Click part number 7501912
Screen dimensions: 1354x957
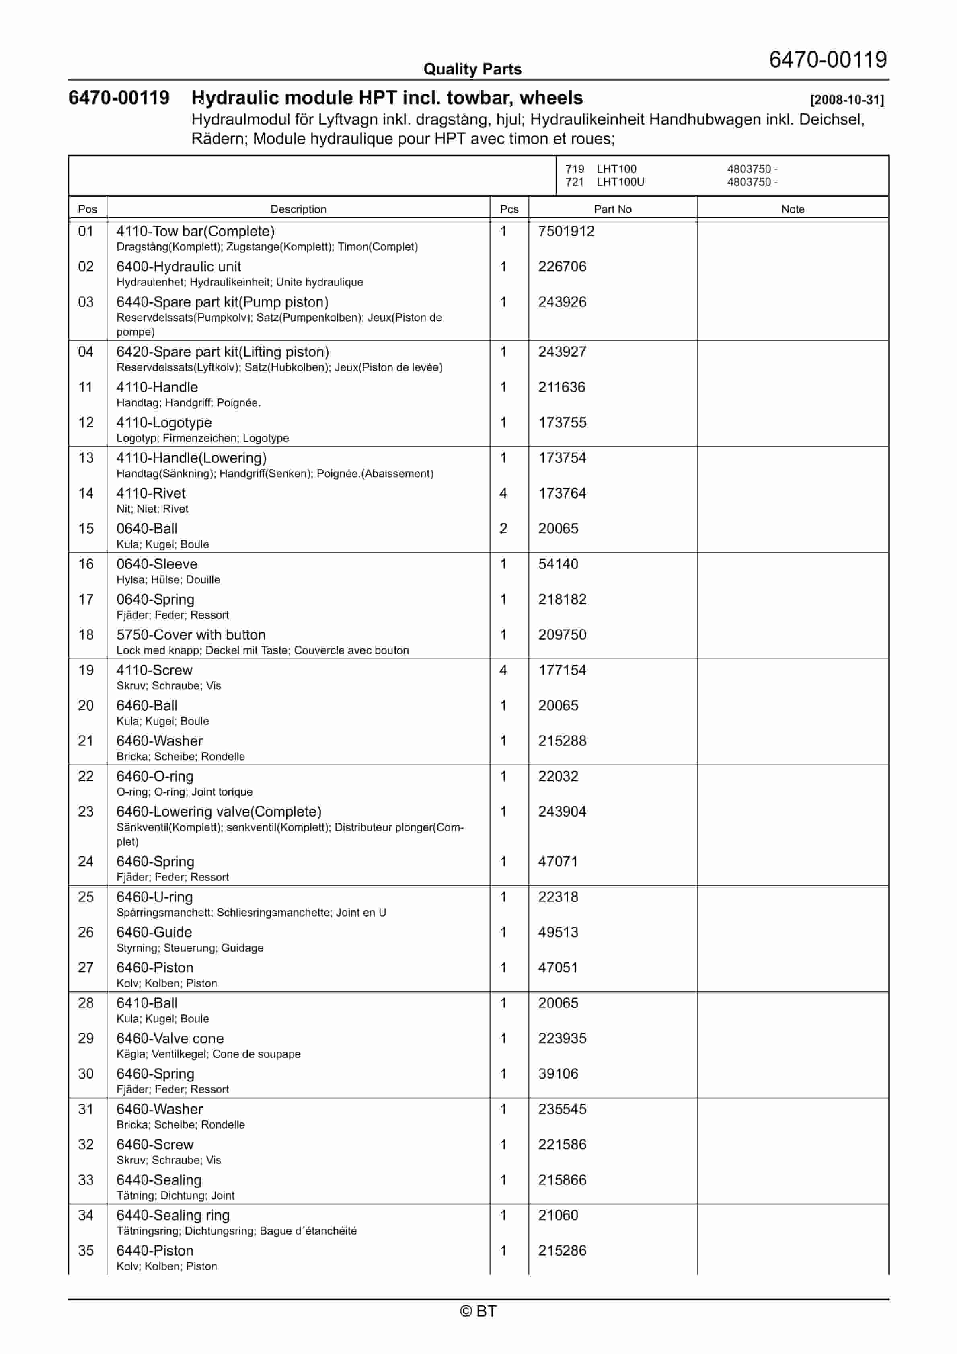[566, 231]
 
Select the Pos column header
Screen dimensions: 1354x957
[87, 209]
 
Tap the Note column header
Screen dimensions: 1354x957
[793, 209]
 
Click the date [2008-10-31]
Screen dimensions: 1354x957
[847, 100]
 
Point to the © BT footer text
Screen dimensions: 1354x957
[478, 1311]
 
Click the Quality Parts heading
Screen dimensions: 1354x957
[472, 69]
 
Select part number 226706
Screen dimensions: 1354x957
[562, 267]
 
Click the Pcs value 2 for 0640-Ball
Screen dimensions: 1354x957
[503, 529]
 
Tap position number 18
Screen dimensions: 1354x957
[86, 635]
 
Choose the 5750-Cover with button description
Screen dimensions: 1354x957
[191, 635]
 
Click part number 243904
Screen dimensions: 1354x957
[562, 812]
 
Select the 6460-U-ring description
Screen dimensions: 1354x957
[154, 897]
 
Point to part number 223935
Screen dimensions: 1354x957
[562, 1038]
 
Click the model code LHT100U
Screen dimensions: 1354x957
[620, 182]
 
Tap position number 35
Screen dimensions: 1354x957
[86, 1251]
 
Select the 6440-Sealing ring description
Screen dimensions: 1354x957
[173, 1215]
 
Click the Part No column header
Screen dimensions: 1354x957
[612, 209]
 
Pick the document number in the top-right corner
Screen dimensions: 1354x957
[827, 59]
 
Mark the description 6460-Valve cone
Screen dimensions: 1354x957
[170, 1038]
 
